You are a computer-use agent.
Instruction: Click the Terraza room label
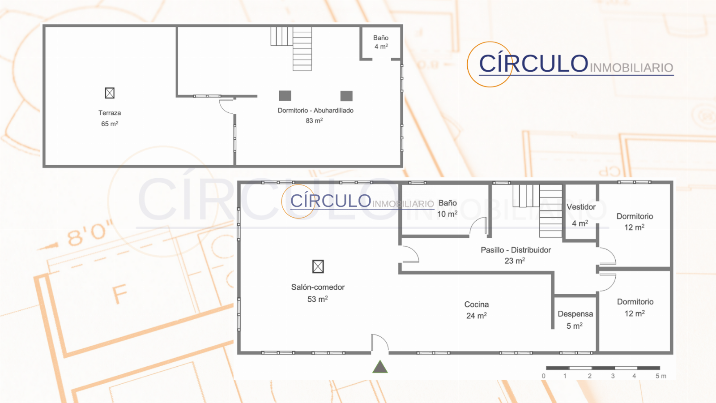click(110, 113)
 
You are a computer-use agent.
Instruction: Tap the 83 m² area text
click(314, 120)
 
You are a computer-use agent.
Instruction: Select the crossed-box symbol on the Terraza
click(110, 93)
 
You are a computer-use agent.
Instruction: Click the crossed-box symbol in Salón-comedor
click(318, 266)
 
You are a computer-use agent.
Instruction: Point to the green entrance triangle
click(380, 367)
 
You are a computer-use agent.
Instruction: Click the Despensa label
click(575, 314)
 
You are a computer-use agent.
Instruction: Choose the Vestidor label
click(581, 207)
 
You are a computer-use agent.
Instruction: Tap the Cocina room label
click(477, 304)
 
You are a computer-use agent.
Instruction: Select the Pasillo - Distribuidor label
click(516, 250)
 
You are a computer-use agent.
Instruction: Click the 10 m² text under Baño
click(447, 214)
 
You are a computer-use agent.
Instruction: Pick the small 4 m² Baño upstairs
click(381, 42)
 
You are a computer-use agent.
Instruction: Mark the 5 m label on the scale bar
click(661, 376)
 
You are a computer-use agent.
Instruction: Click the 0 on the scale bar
click(544, 376)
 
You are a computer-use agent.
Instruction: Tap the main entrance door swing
click(380, 343)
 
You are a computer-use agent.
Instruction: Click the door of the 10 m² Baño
click(478, 226)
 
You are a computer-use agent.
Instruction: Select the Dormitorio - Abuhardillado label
click(315, 110)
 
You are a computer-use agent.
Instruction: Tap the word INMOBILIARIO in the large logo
click(631, 68)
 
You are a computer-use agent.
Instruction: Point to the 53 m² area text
click(317, 299)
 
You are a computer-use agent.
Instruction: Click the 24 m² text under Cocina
click(476, 316)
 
